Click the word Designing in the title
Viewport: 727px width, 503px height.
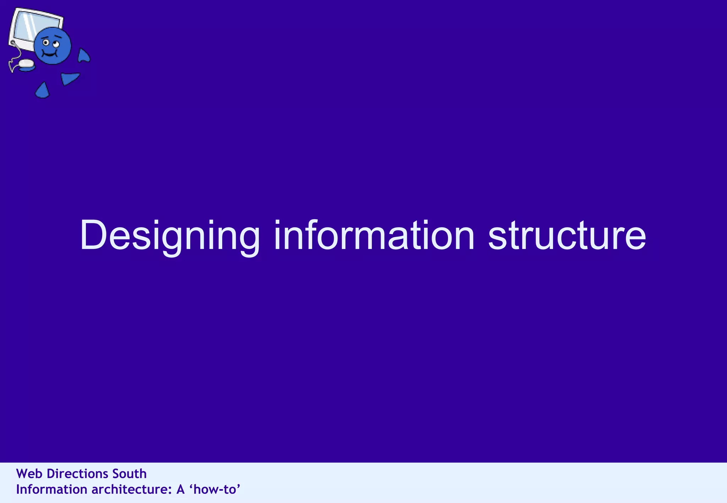click(170, 236)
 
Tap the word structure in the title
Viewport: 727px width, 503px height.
click(567, 236)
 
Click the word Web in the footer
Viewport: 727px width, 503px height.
click(29, 474)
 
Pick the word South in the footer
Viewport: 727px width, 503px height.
click(129, 474)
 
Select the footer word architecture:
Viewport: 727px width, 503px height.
click(132, 490)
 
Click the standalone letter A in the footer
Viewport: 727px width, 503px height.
click(180, 490)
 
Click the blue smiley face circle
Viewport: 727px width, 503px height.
click(53, 45)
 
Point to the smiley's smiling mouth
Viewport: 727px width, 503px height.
click(50, 54)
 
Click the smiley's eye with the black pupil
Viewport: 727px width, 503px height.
click(46, 43)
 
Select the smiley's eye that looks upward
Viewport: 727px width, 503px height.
click(56, 44)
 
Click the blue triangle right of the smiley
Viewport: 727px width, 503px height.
click(83, 56)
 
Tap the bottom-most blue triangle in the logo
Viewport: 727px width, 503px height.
click(42, 91)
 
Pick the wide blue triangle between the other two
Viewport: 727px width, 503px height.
click(69, 78)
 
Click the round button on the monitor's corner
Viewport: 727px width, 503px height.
click(13, 43)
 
